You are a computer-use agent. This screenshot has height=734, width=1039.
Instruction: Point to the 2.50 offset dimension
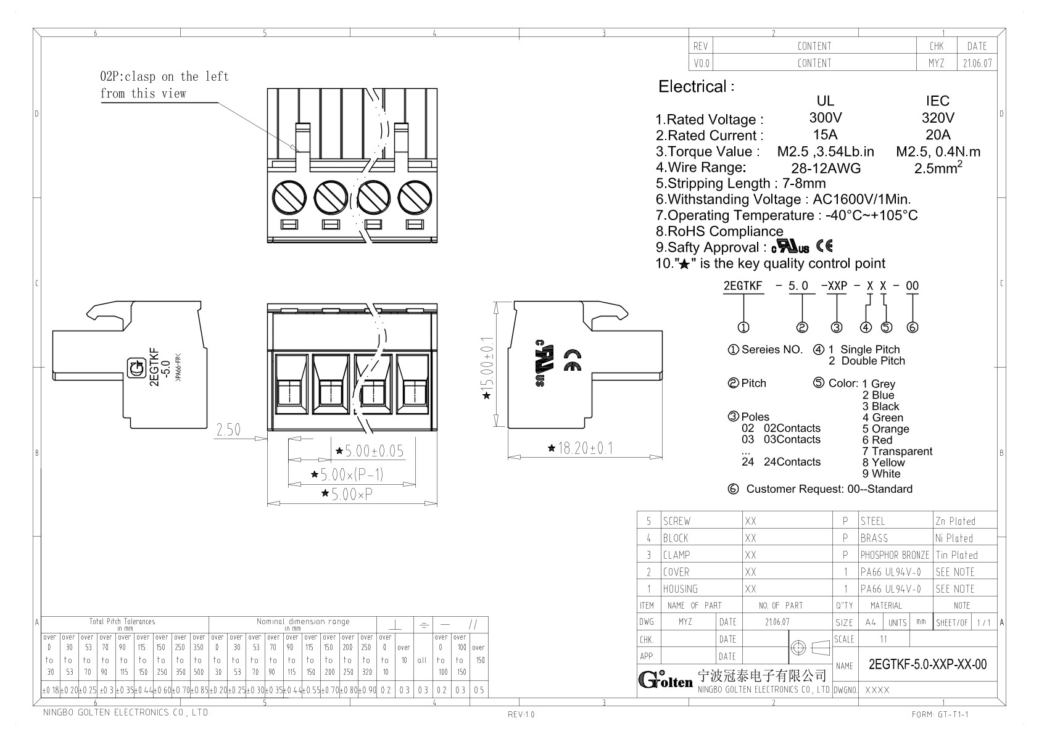[228, 429]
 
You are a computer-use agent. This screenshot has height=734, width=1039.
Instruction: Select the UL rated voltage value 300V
[825, 118]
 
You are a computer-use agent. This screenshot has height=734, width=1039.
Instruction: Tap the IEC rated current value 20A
[937, 134]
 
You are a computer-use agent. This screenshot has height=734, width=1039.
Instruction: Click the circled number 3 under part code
[836, 328]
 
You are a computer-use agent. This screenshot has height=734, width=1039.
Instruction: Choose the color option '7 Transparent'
[897, 452]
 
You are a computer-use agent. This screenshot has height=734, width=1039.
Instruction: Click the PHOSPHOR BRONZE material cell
[894, 555]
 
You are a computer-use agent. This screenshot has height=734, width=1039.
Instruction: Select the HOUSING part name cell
[681, 589]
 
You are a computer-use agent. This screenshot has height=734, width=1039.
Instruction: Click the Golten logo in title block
[665, 680]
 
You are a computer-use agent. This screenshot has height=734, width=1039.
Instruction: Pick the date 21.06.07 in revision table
[977, 63]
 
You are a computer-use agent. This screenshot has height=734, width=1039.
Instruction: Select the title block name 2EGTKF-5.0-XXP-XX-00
[927, 664]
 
